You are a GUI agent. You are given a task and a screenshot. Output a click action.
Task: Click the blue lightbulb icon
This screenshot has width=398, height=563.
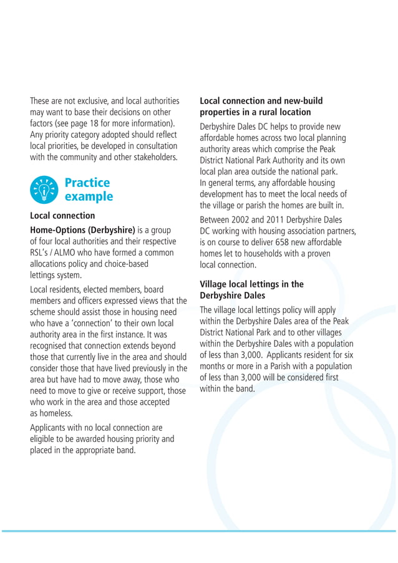pos(43,190)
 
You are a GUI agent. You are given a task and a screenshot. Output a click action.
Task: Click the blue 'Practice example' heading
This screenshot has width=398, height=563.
pos(89,190)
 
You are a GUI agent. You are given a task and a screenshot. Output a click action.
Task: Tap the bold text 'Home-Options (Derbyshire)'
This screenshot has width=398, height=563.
pos(82,230)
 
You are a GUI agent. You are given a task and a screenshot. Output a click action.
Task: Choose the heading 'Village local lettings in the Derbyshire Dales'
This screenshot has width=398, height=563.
pos(251,289)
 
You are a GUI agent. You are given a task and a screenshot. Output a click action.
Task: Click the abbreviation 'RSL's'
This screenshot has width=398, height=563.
pos(41,253)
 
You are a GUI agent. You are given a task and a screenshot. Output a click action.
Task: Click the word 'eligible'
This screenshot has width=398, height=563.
pos(44,439)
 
